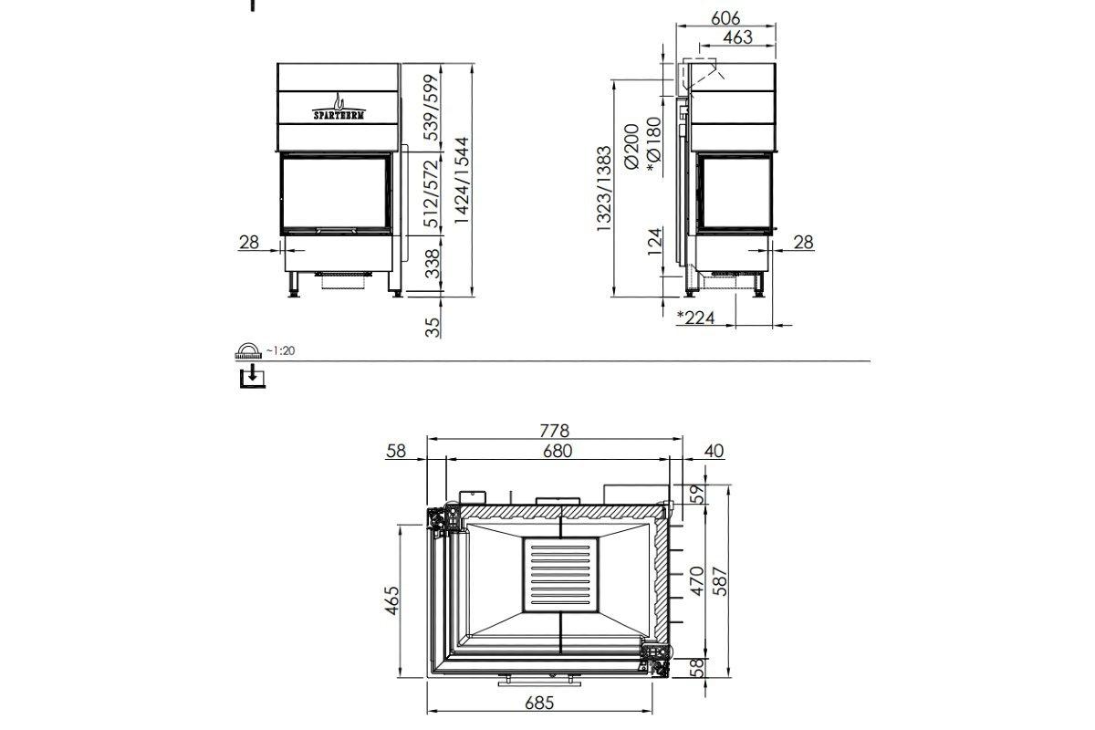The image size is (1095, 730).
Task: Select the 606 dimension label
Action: pos(726,17)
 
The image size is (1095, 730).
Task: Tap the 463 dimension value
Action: pos(737,37)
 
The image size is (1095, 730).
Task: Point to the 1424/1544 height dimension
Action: pos(463,182)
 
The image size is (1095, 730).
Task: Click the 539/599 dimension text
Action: pos(433,106)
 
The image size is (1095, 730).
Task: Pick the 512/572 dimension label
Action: pos(433,194)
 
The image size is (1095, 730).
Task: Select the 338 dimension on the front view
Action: pos(433,266)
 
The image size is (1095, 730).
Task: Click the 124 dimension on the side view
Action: pos(653,243)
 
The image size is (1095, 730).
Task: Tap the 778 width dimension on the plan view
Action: pos(554,430)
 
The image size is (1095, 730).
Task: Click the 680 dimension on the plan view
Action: pos(557,451)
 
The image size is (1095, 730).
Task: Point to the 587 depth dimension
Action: pos(721,582)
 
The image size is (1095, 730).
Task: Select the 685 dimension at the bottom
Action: pos(539,704)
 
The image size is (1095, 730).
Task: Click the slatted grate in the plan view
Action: pos(560,576)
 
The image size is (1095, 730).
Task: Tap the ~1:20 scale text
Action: pos(282,350)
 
